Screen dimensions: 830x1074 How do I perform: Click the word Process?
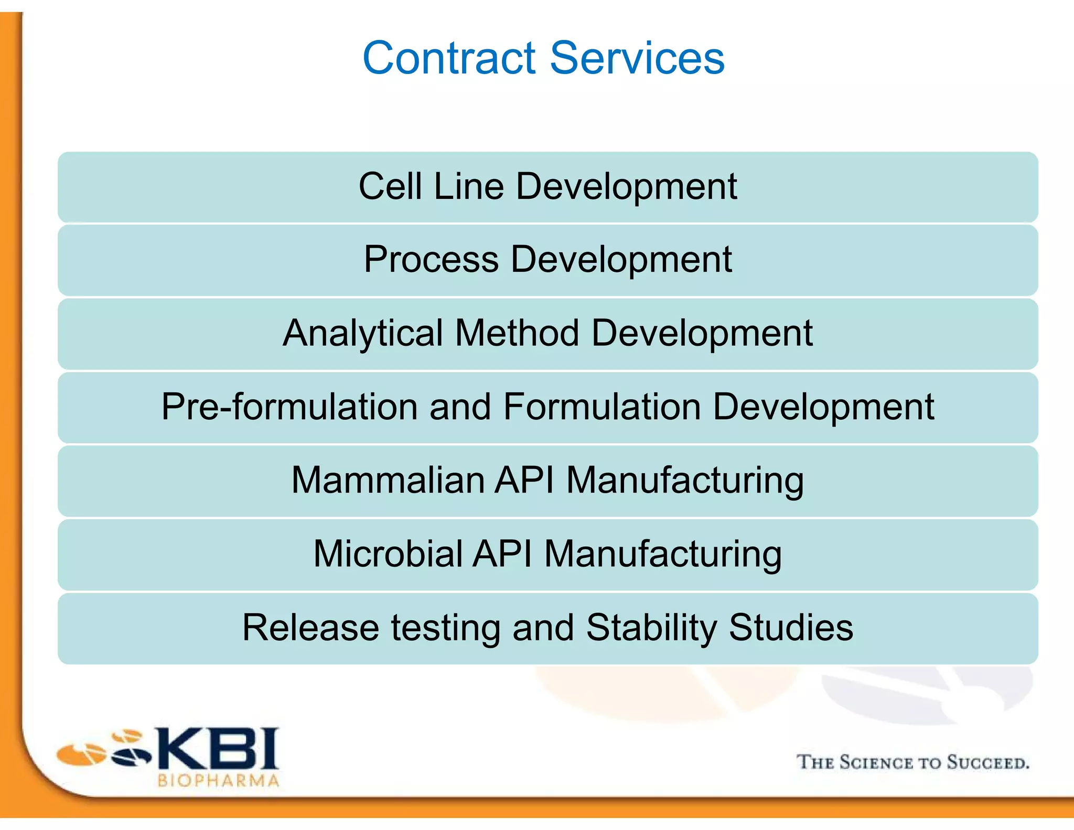click(x=431, y=260)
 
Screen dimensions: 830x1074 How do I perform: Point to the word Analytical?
click(x=363, y=334)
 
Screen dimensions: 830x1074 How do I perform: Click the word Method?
click(x=517, y=334)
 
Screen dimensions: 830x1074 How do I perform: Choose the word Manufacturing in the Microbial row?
click(x=663, y=554)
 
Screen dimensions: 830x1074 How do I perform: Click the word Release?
click(x=310, y=627)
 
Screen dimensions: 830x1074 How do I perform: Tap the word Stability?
click(x=651, y=627)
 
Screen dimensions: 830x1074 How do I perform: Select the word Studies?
click(x=791, y=627)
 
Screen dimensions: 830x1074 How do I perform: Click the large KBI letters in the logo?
click(x=218, y=749)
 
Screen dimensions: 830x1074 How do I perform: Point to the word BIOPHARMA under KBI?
click(x=218, y=781)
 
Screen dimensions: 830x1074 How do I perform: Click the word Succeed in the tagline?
click(x=987, y=762)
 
